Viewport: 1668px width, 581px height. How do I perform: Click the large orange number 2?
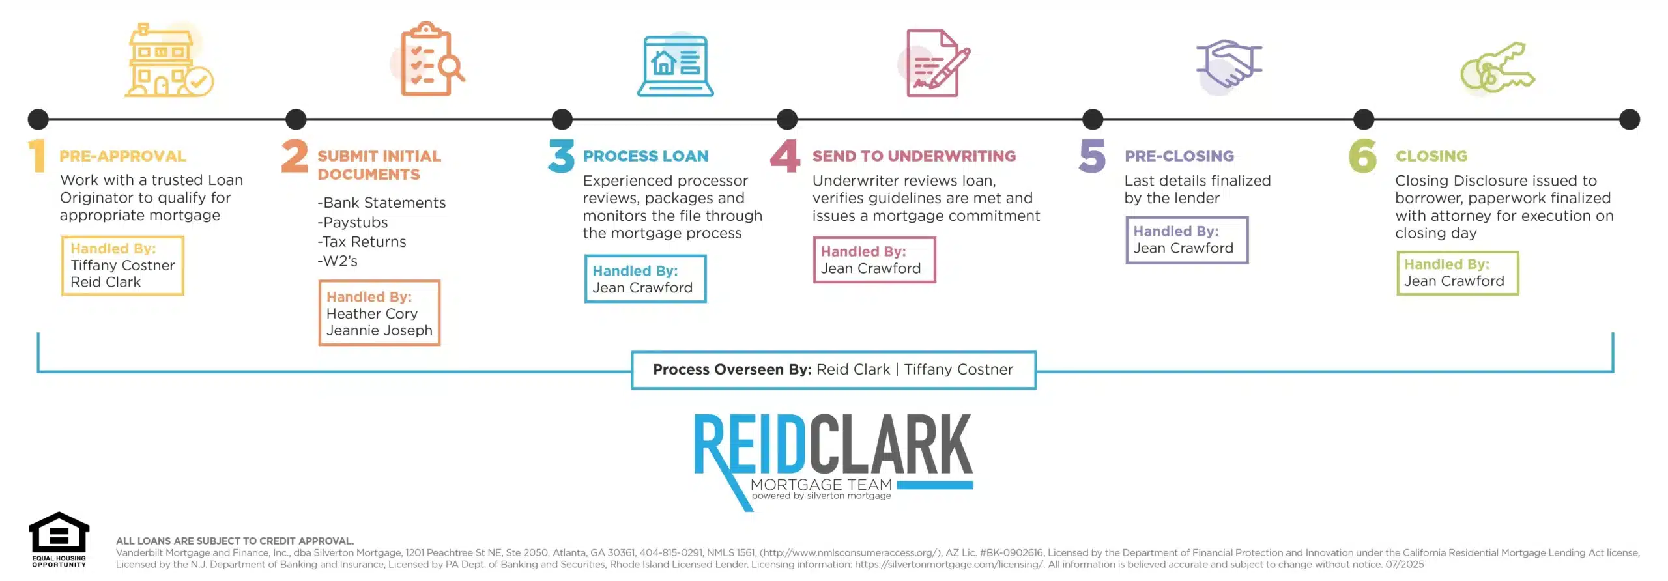(295, 156)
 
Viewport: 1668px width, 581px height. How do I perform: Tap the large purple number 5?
(1092, 156)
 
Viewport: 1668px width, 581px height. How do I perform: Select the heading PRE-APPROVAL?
(122, 156)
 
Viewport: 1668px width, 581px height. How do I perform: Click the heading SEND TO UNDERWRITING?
(913, 156)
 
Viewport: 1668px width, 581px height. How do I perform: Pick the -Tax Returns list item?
(362, 242)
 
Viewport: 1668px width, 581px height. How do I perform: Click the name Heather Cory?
(371, 314)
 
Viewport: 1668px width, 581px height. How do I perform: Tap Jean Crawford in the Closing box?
(1454, 281)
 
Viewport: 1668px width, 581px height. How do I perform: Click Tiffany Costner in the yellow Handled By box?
(122, 266)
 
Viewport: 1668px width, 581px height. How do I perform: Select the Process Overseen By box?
(833, 370)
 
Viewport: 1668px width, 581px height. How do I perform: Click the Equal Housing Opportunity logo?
(59, 539)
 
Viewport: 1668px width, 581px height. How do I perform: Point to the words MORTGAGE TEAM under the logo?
(821, 485)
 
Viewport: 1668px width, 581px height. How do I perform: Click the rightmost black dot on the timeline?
(1629, 120)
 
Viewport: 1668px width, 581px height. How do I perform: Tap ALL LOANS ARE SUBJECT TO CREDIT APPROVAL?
(235, 541)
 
